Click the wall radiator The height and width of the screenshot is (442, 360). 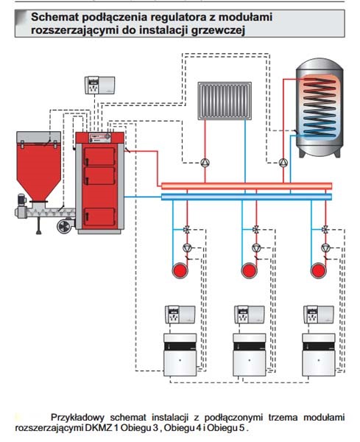[x=225, y=101]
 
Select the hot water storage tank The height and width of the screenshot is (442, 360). [x=320, y=108]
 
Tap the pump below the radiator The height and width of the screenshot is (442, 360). [x=205, y=162]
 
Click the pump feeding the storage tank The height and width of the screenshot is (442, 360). [x=283, y=162]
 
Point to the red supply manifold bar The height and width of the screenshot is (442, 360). [x=247, y=186]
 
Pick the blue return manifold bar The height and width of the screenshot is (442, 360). [x=247, y=197]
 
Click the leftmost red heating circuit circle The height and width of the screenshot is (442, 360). [x=180, y=270]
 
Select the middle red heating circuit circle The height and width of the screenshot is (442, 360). [x=250, y=270]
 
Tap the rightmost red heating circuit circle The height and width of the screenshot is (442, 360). [x=319, y=270]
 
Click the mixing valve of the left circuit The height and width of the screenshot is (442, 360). [x=187, y=229]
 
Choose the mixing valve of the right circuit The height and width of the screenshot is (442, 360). [x=325, y=229]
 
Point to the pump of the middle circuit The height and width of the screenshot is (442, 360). [x=256, y=248]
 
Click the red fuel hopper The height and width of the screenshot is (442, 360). [x=38, y=166]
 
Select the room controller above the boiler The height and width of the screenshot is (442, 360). [x=100, y=85]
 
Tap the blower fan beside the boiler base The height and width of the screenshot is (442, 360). [x=65, y=226]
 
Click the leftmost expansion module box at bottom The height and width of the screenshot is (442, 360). [x=180, y=354]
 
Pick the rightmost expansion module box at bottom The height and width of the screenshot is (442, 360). [x=319, y=354]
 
